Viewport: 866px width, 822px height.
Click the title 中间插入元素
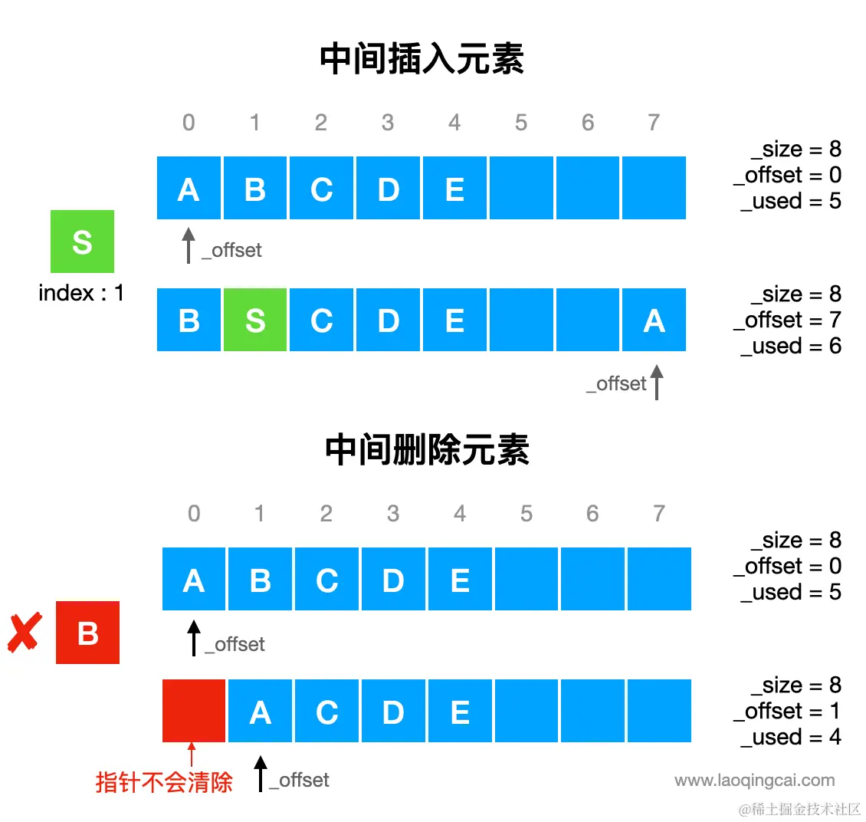coord(422,59)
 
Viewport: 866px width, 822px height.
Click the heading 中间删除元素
coord(427,450)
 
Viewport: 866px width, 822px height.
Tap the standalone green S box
coord(82,242)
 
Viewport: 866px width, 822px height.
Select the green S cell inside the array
coord(255,321)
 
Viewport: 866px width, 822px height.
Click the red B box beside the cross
coord(87,633)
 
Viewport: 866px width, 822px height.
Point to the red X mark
coord(25,633)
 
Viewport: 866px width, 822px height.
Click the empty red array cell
coord(194,711)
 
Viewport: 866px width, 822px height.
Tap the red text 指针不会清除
coord(164,782)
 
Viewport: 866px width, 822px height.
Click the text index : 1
coord(81,293)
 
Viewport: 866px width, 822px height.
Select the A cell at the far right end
coord(654,321)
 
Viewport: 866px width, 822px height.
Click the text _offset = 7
coord(787,320)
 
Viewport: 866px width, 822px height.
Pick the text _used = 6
coord(791,346)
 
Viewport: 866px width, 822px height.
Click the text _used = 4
coord(791,737)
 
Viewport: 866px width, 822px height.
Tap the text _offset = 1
coord(787,711)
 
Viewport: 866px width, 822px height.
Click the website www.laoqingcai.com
coord(755,781)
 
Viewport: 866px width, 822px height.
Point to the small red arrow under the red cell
coord(192,755)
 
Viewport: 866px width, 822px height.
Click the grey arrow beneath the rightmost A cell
coord(657,382)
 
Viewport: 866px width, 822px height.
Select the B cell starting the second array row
coord(189,321)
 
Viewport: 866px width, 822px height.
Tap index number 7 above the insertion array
coord(653,123)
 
